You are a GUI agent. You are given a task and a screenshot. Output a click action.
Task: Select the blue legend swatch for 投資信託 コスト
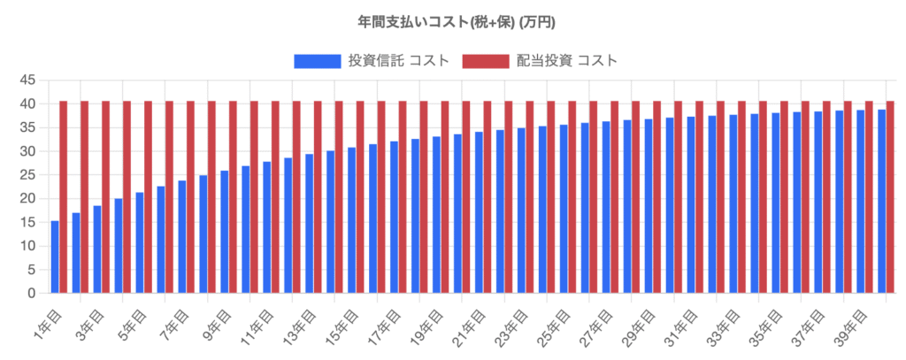tap(318, 61)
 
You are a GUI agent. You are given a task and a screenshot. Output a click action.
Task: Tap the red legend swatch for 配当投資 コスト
tap(486, 61)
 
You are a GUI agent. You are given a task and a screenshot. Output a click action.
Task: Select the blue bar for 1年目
tap(55, 257)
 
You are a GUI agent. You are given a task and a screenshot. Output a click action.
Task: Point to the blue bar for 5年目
tap(140, 242)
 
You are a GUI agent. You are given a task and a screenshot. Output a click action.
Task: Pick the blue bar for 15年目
tap(351, 220)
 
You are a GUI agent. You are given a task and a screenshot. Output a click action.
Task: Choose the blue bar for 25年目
tap(564, 209)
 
